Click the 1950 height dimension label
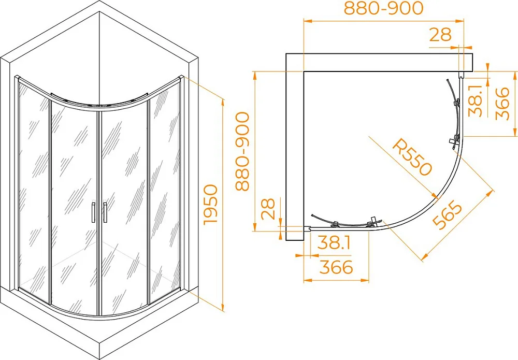211,205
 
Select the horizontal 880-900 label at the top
383,8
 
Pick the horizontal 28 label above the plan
440,34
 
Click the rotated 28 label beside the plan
268,209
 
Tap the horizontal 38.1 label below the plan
334,243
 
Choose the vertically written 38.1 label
476,100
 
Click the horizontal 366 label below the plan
336,267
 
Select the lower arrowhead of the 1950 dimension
223,307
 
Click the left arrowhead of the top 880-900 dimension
308,21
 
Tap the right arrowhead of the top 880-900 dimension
460,21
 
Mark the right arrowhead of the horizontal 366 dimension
364,280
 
